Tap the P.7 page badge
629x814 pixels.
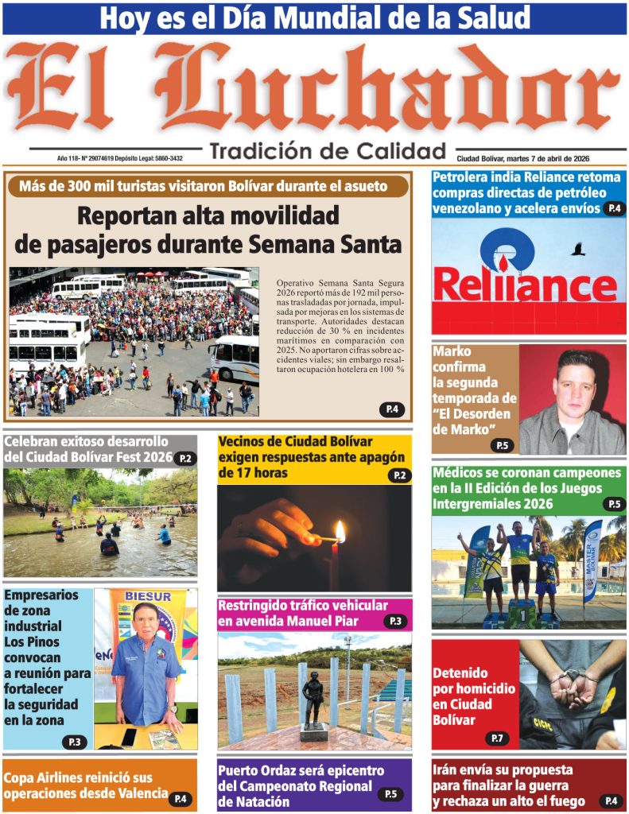pyautogui.click(x=497, y=738)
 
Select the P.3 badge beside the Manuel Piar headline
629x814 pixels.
pyautogui.click(x=395, y=621)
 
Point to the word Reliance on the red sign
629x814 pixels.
pyautogui.click(x=525, y=286)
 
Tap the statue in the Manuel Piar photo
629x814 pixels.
pyautogui.click(x=314, y=696)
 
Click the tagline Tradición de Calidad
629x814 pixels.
pyautogui.click(x=328, y=151)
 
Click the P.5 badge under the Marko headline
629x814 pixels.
pyautogui.click(x=502, y=445)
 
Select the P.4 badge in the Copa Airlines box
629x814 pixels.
pyautogui.click(x=181, y=798)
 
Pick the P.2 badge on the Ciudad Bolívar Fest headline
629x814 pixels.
pyautogui.click(x=185, y=458)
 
